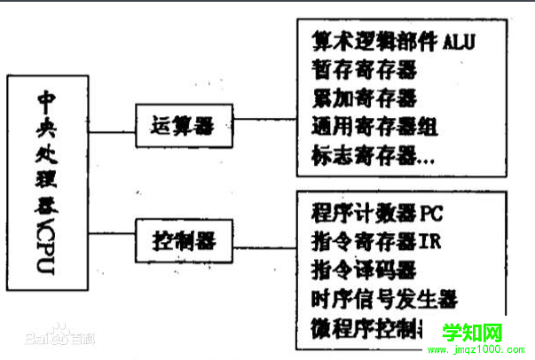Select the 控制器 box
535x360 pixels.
[x=181, y=239]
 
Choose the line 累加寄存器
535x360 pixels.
[x=364, y=98]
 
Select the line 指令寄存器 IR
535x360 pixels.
[x=376, y=240]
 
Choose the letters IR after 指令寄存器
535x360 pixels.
[x=429, y=240]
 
